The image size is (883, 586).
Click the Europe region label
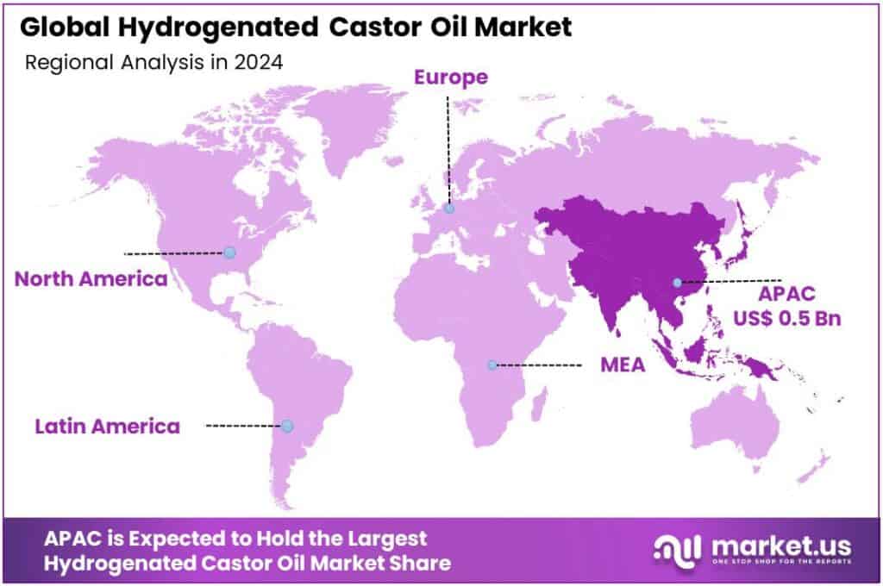pos(450,78)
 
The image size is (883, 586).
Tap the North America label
pos(91,279)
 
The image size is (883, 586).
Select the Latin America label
pos(107,426)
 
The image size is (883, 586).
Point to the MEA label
pos(623,365)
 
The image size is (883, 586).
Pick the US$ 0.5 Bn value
pos(786,317)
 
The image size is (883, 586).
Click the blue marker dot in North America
pos(229,252)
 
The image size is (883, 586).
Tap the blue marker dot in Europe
pos(449,208)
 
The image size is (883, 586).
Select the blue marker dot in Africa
pos(492,365)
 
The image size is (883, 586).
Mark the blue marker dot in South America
pos(287,426)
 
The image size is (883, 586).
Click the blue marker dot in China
pos(678,282)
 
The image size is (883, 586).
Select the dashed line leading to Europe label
pos(448,146)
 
